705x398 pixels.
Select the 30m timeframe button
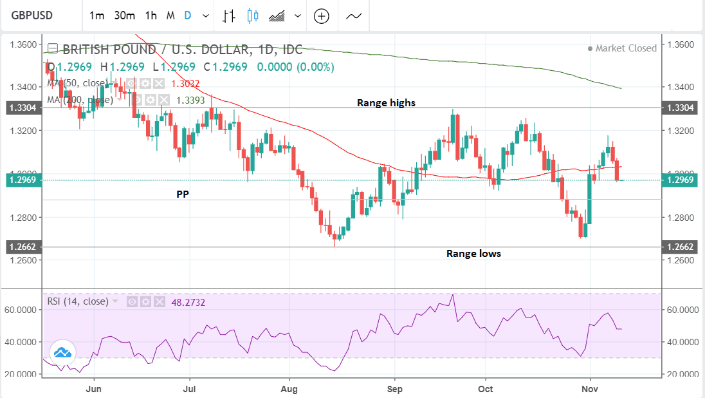(124, 15)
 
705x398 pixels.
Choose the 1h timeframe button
(151, 15)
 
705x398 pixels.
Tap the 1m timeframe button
(96, 15)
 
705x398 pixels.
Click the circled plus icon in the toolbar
(321, 16)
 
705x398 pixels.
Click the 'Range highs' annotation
(386, 102)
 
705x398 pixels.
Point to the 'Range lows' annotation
(473, 254)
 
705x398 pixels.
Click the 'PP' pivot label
(183, 193)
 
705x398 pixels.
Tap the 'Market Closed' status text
(626, 48)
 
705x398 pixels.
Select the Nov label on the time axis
(590, 388)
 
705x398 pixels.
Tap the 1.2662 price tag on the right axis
(682, 247)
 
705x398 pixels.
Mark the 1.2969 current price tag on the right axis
(682, 180)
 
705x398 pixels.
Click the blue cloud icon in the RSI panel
(62, 352)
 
